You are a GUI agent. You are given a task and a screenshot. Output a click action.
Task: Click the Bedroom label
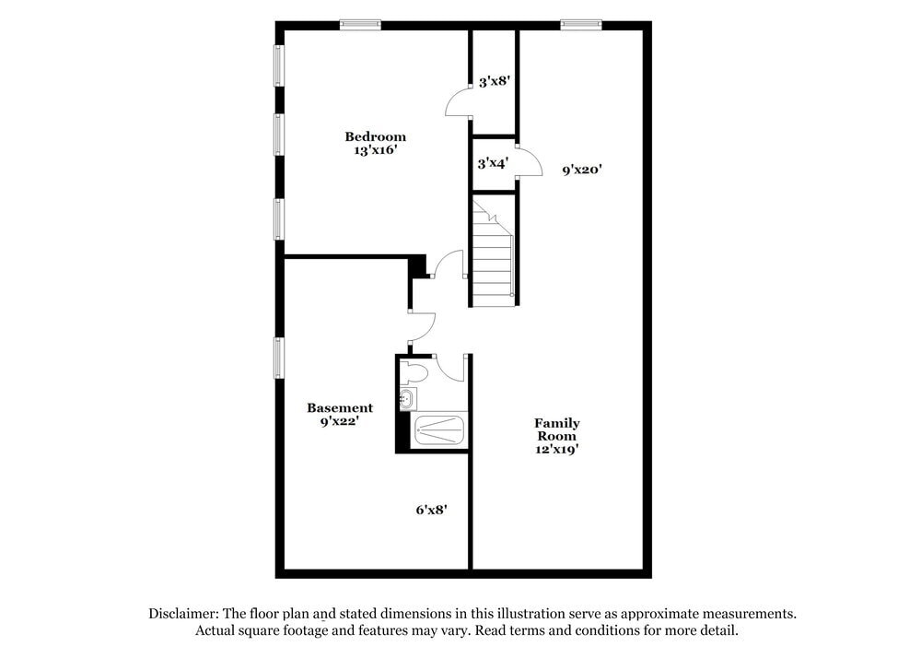375,136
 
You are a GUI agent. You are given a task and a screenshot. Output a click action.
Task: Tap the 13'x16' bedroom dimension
375,150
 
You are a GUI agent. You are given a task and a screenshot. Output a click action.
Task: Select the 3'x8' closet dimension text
495,81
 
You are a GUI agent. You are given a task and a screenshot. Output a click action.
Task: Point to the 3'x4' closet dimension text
493,163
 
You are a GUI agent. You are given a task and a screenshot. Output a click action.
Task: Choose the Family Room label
557,429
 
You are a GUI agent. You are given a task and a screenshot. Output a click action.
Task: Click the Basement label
340,407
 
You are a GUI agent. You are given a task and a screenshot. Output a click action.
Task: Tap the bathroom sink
407,399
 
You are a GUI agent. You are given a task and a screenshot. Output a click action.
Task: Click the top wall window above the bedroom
360,25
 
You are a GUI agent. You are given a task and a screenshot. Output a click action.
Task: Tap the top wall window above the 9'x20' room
581,25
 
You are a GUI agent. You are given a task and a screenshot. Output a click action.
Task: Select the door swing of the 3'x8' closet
458,102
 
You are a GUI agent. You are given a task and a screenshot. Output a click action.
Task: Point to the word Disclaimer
183,613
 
